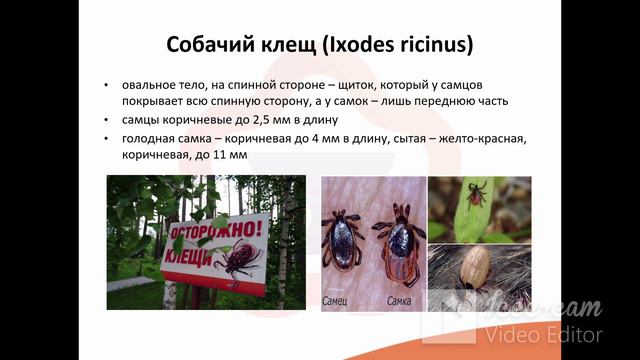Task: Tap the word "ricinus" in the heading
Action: pos(435,45)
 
